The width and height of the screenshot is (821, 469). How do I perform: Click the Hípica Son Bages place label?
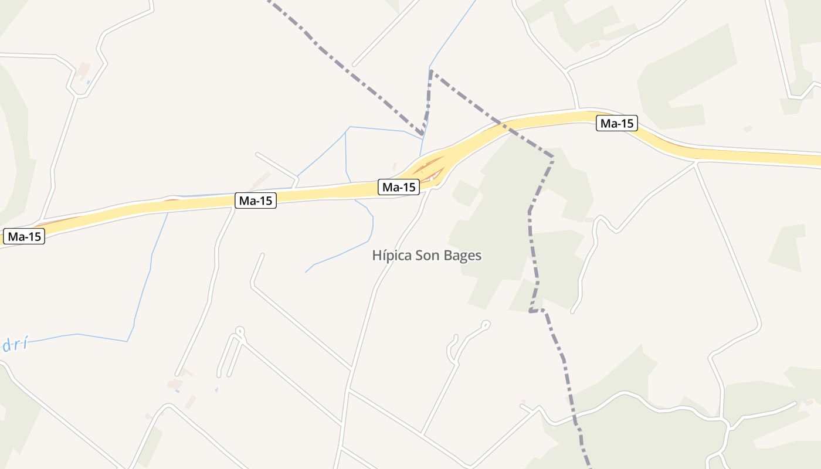coord(427,256)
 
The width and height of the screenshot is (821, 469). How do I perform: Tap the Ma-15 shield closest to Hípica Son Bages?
coord(399,187)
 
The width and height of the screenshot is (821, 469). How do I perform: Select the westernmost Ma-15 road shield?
coord(24,237)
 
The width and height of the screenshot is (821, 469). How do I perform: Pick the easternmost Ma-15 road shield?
coord(617,124)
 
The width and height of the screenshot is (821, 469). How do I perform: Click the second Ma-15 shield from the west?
coord(256,200)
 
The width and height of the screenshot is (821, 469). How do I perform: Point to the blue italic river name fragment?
coord(14,345)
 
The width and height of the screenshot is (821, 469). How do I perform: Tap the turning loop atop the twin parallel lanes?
coord(239,331)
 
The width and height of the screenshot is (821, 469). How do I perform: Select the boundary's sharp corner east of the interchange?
coord(553,157)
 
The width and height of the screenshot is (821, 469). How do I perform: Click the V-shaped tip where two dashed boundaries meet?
coord(423,134)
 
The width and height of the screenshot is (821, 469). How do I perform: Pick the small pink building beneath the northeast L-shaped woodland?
coord(747,128)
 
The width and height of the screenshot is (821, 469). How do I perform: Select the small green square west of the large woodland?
coord(465,193)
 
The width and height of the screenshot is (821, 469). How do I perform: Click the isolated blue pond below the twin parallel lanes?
coord(216,390)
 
